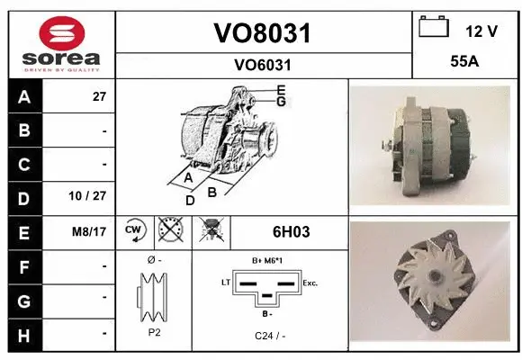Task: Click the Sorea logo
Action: (x=60, y=42)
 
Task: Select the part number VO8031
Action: (x=262, y=33)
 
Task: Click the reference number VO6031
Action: (x=262, y=65)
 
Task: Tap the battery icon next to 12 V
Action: (x=434, y=28)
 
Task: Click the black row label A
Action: (x=24, y=97)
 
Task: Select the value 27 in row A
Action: (x=99, y=97)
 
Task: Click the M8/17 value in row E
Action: (x=90, y=231)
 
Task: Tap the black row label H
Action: (x=24, y=334)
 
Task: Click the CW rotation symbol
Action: (x=135, y=231)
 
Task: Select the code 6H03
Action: (x=292, y=232)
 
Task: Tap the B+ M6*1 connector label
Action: (x=267, y=261)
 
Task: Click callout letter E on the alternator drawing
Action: (x=281, y=90)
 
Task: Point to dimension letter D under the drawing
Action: (x=190, y=200)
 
